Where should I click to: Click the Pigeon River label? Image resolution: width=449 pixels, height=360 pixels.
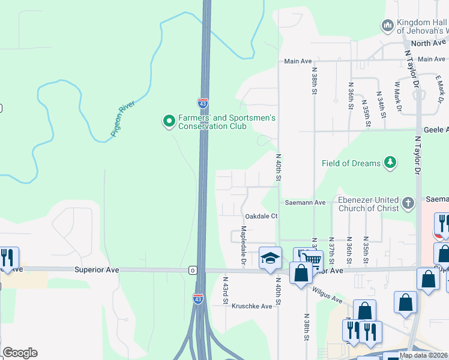123,119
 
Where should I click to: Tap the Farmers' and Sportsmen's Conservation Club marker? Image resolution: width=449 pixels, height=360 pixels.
169,122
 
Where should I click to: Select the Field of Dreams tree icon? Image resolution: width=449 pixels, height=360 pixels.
391,163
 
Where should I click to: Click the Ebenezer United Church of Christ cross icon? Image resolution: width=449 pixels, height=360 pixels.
408,202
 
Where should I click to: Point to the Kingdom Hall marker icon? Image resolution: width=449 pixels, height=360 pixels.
387,25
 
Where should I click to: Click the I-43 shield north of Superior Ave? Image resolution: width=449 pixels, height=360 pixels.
203,103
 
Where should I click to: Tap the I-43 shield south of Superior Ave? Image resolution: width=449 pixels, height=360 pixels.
198,298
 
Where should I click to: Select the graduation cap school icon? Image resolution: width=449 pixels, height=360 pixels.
270,258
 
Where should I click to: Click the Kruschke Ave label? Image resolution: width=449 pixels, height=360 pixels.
252,306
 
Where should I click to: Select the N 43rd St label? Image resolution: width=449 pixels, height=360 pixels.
226,291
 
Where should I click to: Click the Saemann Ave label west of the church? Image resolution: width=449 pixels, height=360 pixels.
305,203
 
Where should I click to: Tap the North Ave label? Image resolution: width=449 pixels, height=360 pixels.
429,43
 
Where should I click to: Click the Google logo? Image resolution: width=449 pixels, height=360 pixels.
20,353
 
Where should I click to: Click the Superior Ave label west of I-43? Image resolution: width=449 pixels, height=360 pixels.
97,270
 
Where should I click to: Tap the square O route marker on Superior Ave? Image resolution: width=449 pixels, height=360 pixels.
193,270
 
